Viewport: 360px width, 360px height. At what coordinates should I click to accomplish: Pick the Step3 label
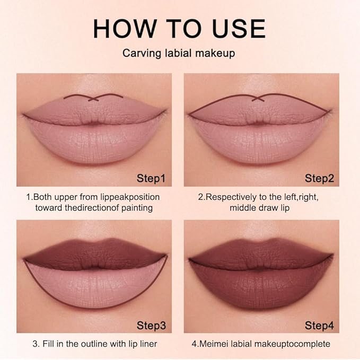coord(151,324)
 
